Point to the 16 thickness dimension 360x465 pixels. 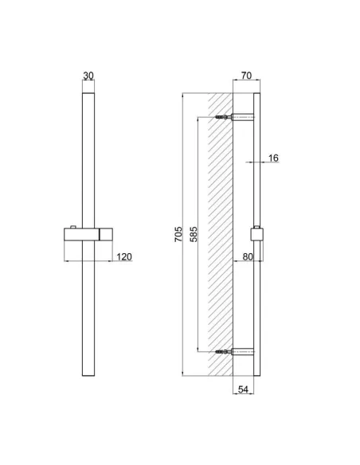click(x=273, y=158)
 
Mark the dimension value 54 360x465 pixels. click(x=245, y=389)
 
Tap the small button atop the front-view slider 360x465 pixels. click(x=72, y=229)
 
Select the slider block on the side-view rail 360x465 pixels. click(x=257, y=235)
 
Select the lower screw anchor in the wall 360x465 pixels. click(x=223, y=350)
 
